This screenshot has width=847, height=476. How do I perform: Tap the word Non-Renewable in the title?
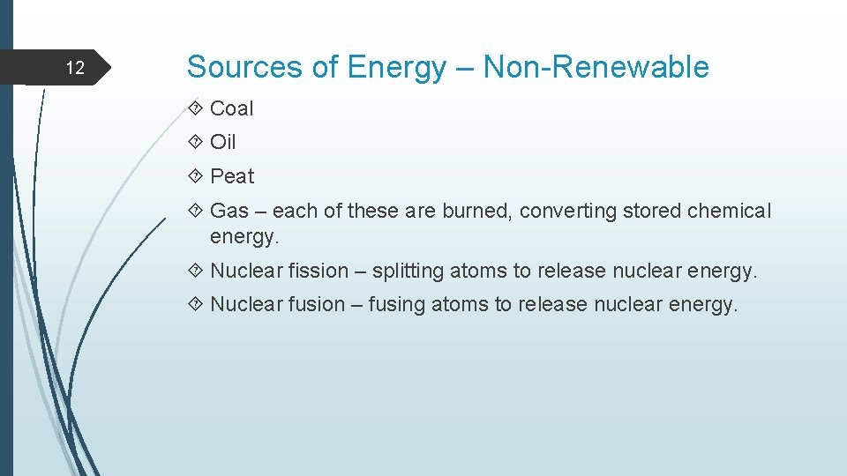tap(596, 67)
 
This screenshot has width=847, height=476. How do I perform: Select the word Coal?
tap(232, 108)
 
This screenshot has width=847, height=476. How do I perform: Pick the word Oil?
tap(223, 142)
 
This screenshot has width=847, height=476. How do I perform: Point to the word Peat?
tap(232, 176)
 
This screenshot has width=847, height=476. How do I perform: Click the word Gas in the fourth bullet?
tap(229, 212)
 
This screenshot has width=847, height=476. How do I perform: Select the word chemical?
tap(729, 212)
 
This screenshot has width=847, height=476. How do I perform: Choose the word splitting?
tap(412, 271)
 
